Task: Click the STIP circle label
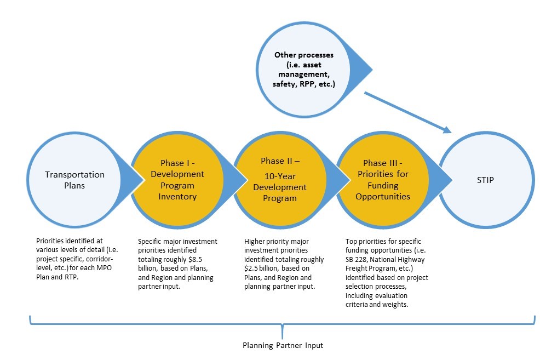486,179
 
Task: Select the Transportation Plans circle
75,179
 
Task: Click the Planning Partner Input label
283,346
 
